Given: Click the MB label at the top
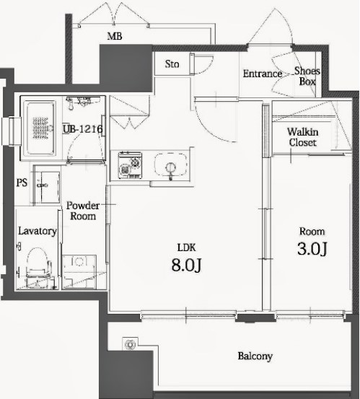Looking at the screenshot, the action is [115, 36].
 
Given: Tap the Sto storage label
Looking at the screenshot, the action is [172, 64].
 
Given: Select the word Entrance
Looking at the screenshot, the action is [263, 74].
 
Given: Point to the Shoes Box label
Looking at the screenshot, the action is [307, 76].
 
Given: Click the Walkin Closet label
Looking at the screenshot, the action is [303, 137].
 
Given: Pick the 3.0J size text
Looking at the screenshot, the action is [312, 249].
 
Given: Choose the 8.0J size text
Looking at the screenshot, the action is [186, 265].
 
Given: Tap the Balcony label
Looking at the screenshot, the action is [255, 356].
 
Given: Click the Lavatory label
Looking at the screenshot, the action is [38, 231].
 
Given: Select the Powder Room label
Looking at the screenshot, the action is [83, 211].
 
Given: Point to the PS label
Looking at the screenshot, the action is [22, 183].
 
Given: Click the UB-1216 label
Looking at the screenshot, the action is [83, 129].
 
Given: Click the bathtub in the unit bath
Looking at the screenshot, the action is [40, 128].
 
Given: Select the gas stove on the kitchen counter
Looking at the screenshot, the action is [130, 165].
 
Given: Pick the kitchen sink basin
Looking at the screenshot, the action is [170, 165].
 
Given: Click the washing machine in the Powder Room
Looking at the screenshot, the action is [79, 272].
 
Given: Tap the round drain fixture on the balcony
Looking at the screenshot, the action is [131, 345].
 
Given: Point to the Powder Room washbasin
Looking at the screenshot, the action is [48, 185].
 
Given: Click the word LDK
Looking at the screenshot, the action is [186, 247].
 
